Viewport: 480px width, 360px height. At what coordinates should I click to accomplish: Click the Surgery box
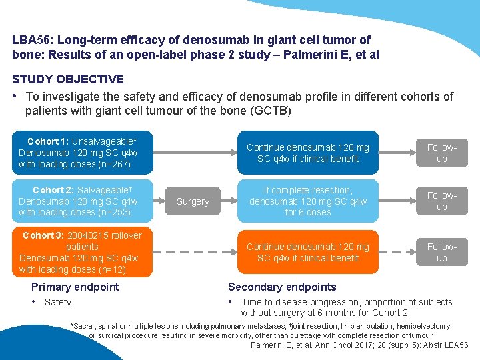coord(193,201)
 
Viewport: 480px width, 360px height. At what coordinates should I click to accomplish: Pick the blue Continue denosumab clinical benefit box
coord(307,153)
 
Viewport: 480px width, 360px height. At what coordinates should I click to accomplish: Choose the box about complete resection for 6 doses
coord(307,201)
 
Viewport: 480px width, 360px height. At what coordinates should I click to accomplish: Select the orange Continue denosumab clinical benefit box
coord(307,252)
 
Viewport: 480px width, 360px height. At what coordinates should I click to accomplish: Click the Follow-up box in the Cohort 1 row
coord(441,153)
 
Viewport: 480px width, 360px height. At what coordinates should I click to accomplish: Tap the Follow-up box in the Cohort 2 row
coord(441,201)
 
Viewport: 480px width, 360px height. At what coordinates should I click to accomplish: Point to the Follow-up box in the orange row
coord(441,252)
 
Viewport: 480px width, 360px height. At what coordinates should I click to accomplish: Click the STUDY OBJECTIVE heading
coord(67,79)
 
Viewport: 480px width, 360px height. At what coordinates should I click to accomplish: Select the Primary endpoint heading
coord(75,287)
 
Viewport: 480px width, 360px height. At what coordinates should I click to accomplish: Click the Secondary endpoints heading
coord(282,287)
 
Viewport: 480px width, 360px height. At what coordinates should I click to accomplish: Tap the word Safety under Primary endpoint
coord(58,302)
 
